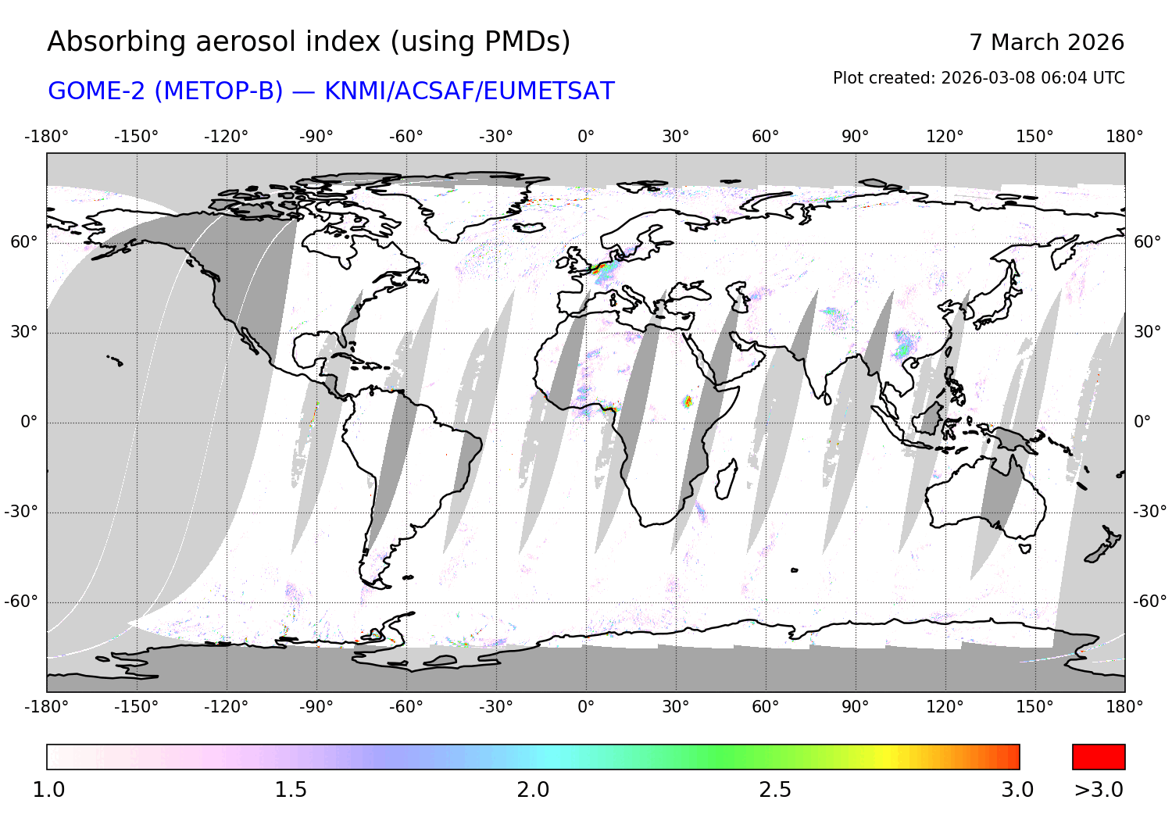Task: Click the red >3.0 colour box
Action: point(1099,757)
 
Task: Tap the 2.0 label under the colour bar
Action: point(533,790)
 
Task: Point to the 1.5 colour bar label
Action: point(291,790)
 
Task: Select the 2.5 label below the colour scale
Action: point(775,790)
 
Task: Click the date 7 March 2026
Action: point(1046,42)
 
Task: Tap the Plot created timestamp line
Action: point(978,78)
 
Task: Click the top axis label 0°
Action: point(586,137)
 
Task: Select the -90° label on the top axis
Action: point(316,137)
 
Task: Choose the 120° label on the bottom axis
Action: point(945,707)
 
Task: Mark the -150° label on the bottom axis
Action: point(136,707)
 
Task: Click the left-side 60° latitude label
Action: point(23,242)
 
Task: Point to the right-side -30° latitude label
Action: point(1150,512)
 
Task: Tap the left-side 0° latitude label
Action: point(29,422)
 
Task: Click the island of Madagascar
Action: point(726,478)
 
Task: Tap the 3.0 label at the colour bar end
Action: point(1017,790)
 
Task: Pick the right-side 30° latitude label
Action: point(1147,332)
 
